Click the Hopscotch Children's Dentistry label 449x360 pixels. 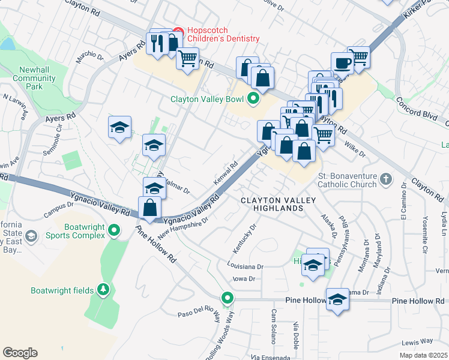223,34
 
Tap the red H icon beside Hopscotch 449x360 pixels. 178,31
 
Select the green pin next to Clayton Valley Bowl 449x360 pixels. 253,99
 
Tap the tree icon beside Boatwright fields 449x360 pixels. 104,290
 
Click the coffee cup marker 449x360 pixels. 343,62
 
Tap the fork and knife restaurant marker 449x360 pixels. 158,43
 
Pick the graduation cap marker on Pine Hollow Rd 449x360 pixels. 337,298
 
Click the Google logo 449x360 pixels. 20,353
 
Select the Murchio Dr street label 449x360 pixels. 90,58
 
